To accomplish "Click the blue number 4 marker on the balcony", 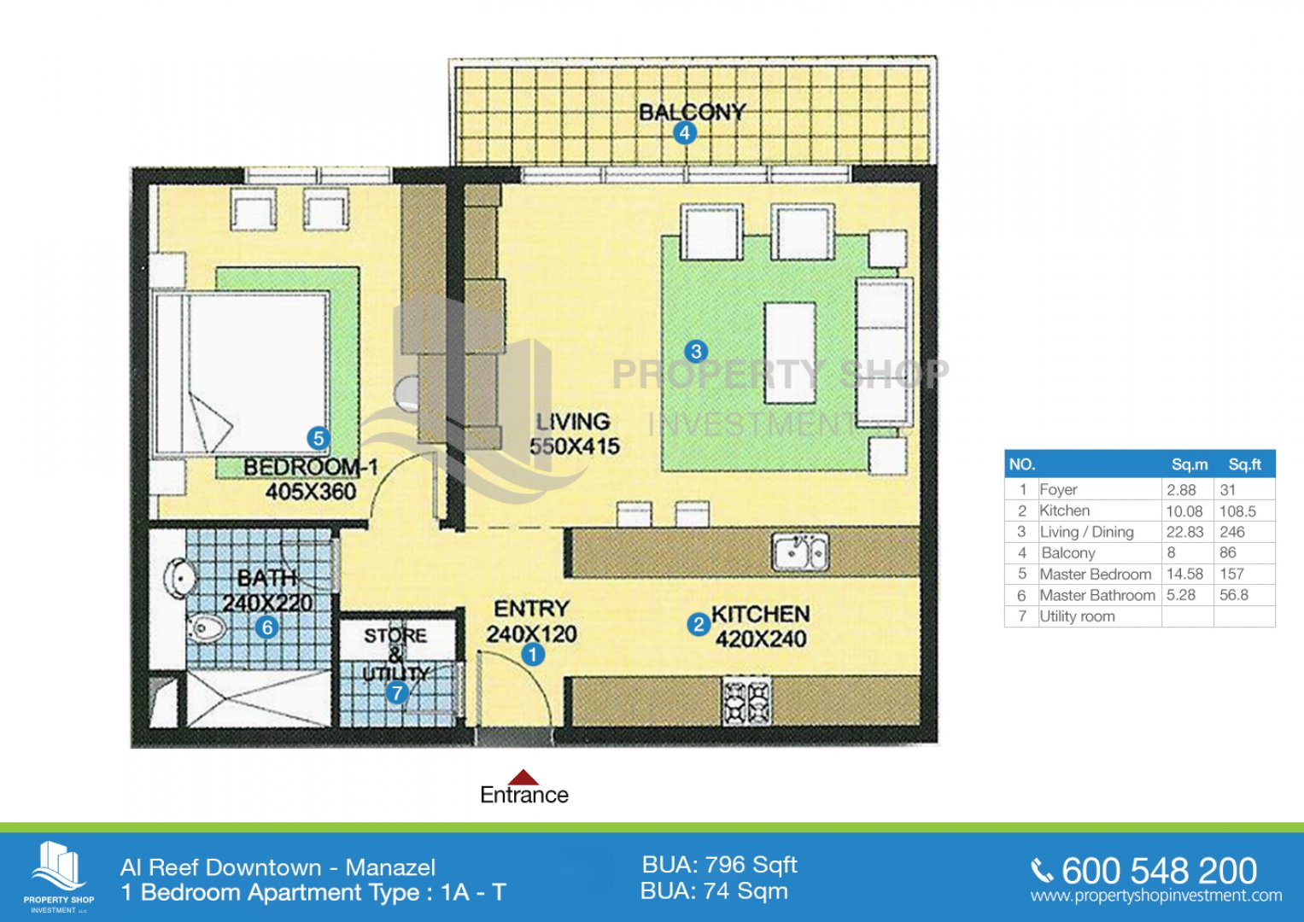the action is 685,133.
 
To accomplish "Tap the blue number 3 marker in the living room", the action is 696,351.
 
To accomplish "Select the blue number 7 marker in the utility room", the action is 397,692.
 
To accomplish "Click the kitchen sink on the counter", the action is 800,551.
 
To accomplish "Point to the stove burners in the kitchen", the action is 747,702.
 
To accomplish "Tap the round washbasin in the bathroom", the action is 180,578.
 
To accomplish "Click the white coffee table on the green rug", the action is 790,353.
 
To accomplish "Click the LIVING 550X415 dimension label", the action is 575,435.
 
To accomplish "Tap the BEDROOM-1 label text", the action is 311,467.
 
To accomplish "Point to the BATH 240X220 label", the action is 267,590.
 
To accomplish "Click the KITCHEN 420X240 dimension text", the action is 760,627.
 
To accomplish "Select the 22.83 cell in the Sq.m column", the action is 1184,532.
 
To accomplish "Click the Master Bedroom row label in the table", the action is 1096,574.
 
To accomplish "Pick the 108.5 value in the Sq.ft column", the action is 1237,511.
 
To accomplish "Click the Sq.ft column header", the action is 1244,464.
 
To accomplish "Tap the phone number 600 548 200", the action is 1160,871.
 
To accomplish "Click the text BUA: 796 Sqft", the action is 720,866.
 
